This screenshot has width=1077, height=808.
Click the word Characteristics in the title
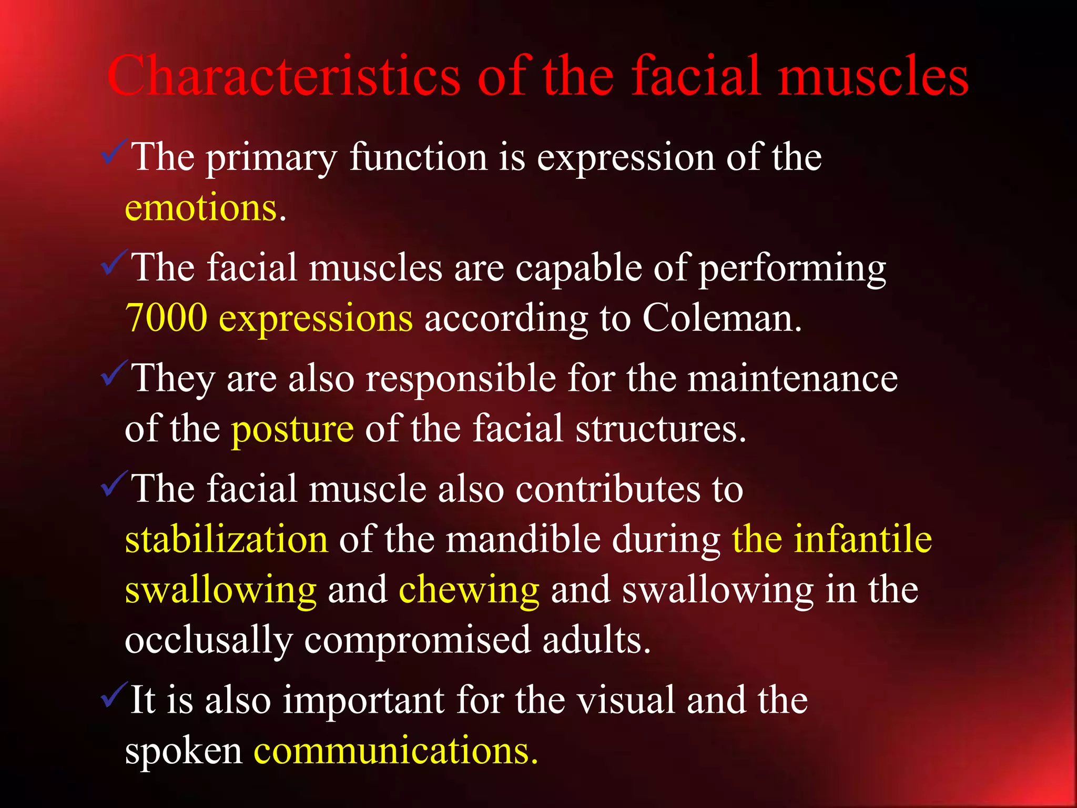pyautogui.click(x=284, y=76)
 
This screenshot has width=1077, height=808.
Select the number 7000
pyautogui.click(x=167, y=318)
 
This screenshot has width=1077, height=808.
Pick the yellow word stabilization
pyautogui.click(x=227, y=540)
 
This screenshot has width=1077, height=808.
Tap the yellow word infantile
pyautogui.click(x=862, y=540)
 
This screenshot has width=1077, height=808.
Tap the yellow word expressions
pyautogui.click(x=316, y=318)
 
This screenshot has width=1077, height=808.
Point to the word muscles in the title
pyautogui.click(x=873, y=76)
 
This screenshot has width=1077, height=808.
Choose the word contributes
pyautogui.click(x=608, y=489)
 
